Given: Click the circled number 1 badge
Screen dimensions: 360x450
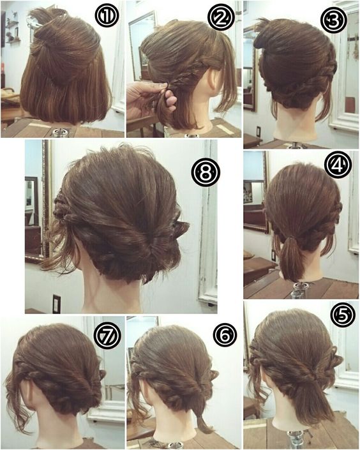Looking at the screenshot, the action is coord(107,16).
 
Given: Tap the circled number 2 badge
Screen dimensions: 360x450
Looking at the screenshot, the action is coord(221,17).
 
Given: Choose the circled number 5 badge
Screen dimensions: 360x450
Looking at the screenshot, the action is coord(343,315).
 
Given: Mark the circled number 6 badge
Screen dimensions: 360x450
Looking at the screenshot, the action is coord(225,334).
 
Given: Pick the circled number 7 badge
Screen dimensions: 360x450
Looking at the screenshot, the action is coord(107,336).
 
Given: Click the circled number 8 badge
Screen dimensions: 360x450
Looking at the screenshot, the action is coord(205,172).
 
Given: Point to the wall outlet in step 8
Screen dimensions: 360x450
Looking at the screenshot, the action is coord(57,304).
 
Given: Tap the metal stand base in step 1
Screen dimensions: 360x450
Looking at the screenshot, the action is coord(61,132).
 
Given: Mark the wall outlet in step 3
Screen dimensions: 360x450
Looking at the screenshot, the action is coord(258,131).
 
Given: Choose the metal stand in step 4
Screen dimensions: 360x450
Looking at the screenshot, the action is coord(299,290).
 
